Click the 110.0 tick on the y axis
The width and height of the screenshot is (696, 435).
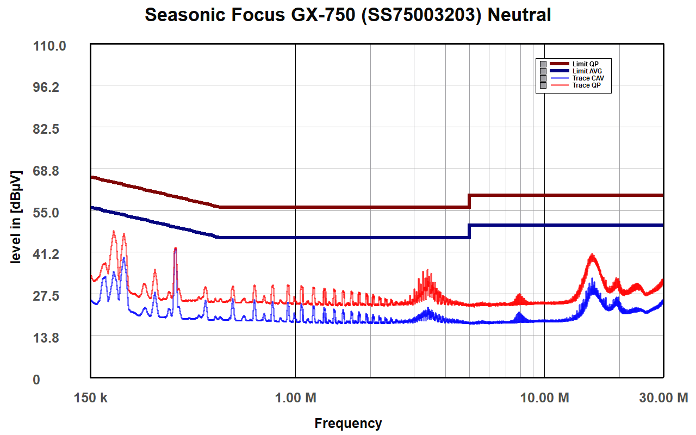49,46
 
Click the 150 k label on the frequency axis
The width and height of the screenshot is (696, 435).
90,398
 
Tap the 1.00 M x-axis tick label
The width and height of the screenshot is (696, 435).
295,398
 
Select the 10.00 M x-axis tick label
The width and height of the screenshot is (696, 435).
544,398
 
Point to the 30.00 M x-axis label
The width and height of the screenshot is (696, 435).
663,398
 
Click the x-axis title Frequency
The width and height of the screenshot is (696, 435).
348,423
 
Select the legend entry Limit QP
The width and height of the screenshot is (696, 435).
586,64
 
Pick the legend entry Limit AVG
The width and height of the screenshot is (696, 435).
587,71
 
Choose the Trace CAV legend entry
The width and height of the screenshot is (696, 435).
588,78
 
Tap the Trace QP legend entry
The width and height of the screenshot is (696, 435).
586,85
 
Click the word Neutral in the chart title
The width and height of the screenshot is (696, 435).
519,15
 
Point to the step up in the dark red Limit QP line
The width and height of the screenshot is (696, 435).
469,201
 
